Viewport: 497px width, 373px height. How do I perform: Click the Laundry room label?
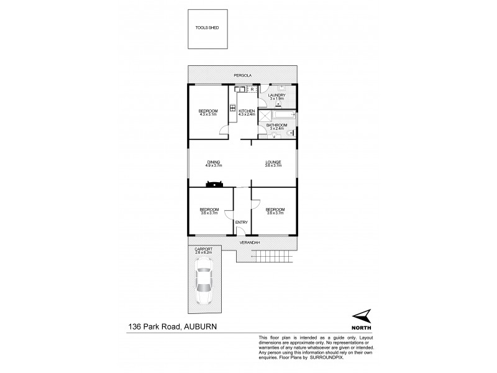point(276,95)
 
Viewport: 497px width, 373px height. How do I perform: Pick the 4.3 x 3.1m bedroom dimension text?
point(208,114)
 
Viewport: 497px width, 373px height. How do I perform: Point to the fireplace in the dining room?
point(216,183)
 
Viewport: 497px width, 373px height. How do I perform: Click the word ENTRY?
point(241,222)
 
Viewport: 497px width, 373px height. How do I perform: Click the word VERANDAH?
point(250,242)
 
